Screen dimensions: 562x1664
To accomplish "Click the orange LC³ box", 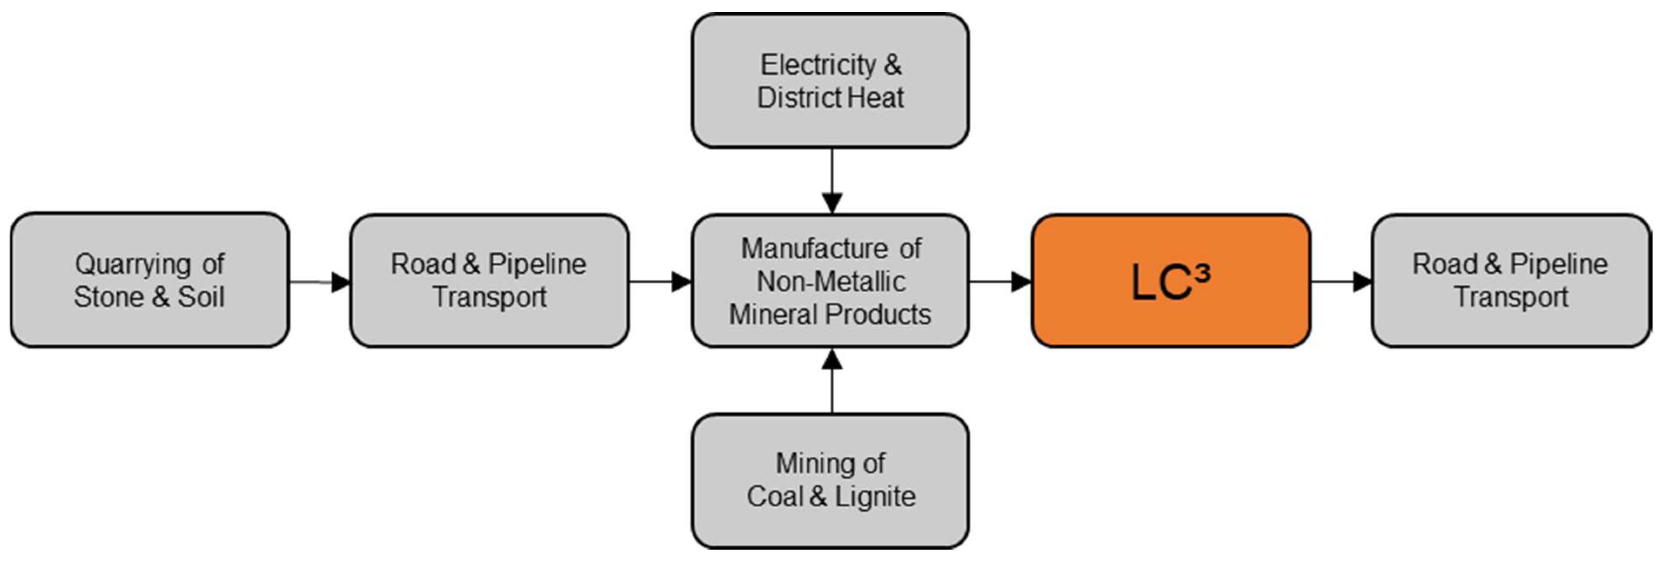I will (x=1171, y=281).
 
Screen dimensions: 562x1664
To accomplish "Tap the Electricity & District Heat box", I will (x=830, y=81).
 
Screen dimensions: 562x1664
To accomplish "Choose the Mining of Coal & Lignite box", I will (x=830, y=481).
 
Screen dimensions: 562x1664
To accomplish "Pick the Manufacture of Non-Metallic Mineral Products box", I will (x=830, y=281).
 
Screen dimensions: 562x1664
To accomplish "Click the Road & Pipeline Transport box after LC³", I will (x=1510, y=281).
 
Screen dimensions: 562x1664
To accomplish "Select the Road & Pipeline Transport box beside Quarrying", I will (x=489, y=281).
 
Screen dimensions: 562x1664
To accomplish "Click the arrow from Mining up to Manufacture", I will (x=832, y=381).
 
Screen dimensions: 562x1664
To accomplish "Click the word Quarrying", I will (x=132, y=264).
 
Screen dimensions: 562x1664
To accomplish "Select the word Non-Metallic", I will (x=831, y=281).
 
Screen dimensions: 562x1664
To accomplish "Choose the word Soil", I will (x=201, y=297).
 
